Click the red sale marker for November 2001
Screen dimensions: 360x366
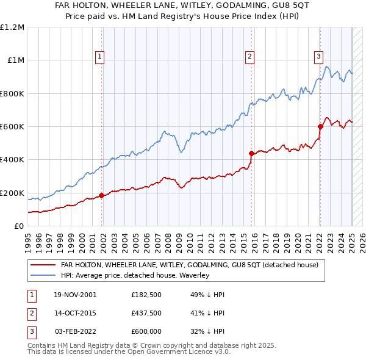pyautogui.click(x=102, y=195)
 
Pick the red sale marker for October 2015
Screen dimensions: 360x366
pyautogui.click(x=251, y=153)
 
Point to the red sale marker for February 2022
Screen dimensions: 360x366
pyautogui.click(x=320, y=126)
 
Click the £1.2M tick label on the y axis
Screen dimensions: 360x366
pyautogui.click(x=12, y=27)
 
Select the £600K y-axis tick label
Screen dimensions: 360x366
pyautogui.click(x=12, y=127)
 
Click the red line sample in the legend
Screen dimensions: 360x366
pyautogui.click(x=43, y=265)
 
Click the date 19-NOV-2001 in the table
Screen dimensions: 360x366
pyautogui.click(x=75, y=295)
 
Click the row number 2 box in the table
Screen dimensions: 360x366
pyautogui.click(x=30, y=313)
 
